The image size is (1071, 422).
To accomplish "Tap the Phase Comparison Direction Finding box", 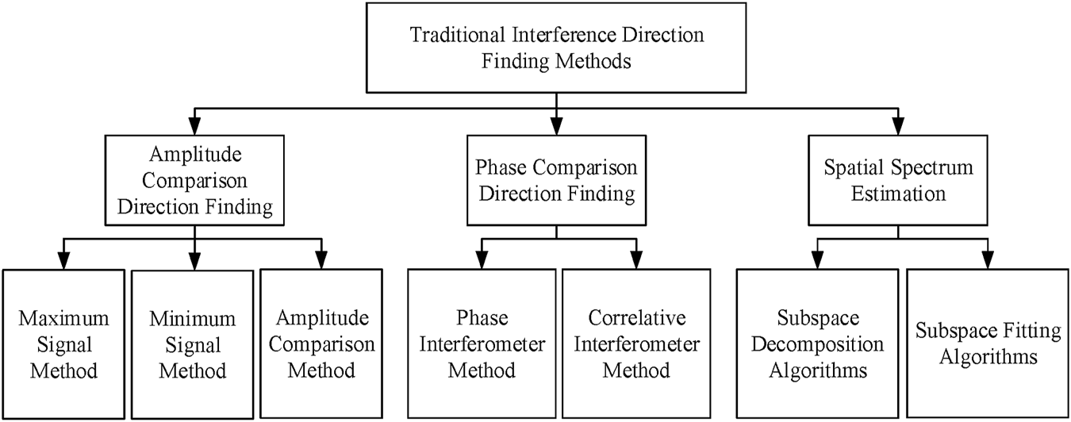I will click(555, 181).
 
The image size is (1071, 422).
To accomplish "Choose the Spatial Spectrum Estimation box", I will click(896, 181).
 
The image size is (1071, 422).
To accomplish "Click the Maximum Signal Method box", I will click(63, 343).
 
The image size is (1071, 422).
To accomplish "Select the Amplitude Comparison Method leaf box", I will click(321, 343).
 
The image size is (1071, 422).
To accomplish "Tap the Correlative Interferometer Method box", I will click(633, 343).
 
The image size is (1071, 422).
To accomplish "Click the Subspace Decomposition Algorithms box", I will click(819, 343).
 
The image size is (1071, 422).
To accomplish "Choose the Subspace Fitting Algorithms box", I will click(987, 343).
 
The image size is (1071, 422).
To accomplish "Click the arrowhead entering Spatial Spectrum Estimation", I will click(896, 125).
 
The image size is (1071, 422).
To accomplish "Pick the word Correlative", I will click(633, 319).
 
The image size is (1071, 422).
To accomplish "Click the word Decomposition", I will click(819, 344).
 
